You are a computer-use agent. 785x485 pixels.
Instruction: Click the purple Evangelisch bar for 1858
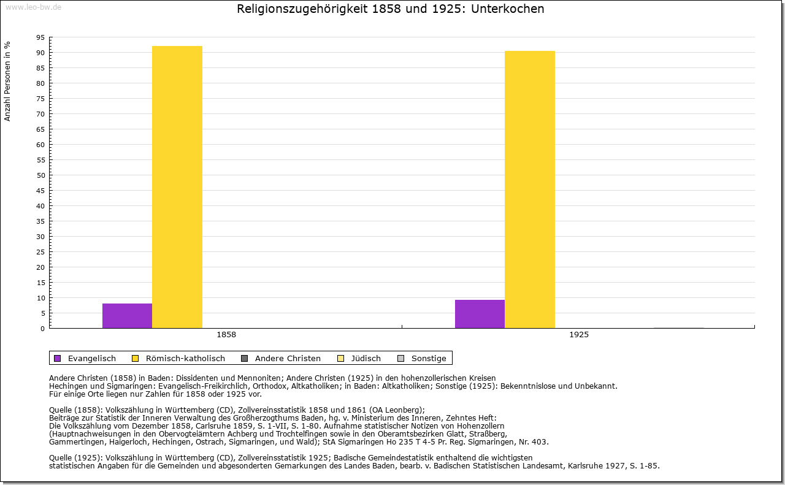pos(127,316)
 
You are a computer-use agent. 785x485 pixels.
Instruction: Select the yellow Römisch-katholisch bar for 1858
pos(177,187)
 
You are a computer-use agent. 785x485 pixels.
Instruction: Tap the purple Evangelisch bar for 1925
pos(480,314)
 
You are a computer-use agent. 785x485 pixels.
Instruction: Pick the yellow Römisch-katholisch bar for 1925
pos(530,189)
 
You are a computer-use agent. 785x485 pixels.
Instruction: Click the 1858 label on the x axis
pos(226,335)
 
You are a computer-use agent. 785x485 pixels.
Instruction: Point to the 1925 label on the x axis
pos(579,335)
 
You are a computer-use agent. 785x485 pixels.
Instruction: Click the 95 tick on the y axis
pos(40,37)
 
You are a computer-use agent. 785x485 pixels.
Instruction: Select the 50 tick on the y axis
pos(40,175)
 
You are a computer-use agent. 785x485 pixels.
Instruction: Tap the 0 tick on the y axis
pos(42,329)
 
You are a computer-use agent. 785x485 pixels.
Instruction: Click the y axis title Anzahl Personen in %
pos(7,81)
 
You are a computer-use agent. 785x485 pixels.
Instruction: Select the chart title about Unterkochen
pos(391,9)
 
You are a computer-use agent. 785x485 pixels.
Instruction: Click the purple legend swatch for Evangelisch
pos(58,358)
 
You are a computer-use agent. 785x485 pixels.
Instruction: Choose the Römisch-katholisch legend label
pos(185,358)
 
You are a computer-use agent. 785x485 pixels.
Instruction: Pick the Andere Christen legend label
pos(288,358)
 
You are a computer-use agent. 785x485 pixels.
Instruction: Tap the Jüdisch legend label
pos(366,358)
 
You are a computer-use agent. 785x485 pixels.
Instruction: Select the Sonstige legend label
pos(429,358)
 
